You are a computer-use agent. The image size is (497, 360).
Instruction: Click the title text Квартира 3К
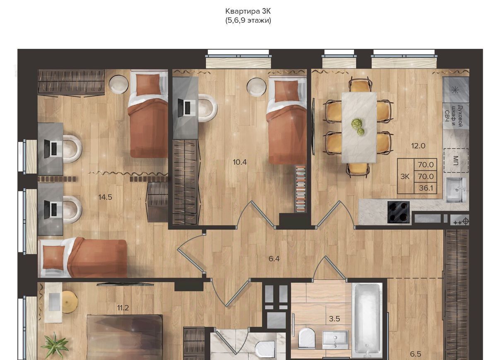(x=248, y=11)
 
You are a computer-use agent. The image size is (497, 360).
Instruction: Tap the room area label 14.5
(x=105, y=197)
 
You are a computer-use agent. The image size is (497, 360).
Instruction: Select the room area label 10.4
(x=240, y=162)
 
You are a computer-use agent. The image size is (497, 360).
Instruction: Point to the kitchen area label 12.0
(x=418, y=146)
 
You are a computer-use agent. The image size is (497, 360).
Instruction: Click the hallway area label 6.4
(x=274, y=259)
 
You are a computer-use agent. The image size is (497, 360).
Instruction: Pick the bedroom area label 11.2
(x=123, y=308)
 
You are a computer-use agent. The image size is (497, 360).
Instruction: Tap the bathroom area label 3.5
(x=334, y=319)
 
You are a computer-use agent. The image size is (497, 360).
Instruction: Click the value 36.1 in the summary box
(x=426, y=188)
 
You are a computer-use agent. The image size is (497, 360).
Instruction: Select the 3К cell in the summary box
(x=405, y=177)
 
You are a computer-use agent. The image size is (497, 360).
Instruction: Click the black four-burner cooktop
(x=398, y=212)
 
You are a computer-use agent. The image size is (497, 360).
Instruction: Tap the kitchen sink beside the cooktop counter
(x=454, y=190)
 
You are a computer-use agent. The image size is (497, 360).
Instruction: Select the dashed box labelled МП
(x=456, y=160)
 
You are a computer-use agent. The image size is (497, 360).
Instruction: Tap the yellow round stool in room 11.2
(x=70, y=302)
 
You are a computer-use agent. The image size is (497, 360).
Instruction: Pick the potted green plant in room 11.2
(x=55, y=346)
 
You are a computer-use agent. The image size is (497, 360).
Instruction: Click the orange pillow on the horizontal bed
(x=51, y=257)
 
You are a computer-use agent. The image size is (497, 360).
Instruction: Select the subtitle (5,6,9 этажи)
(x=248, y=21)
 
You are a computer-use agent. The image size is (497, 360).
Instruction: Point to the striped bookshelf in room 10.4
(x=300, y=189)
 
